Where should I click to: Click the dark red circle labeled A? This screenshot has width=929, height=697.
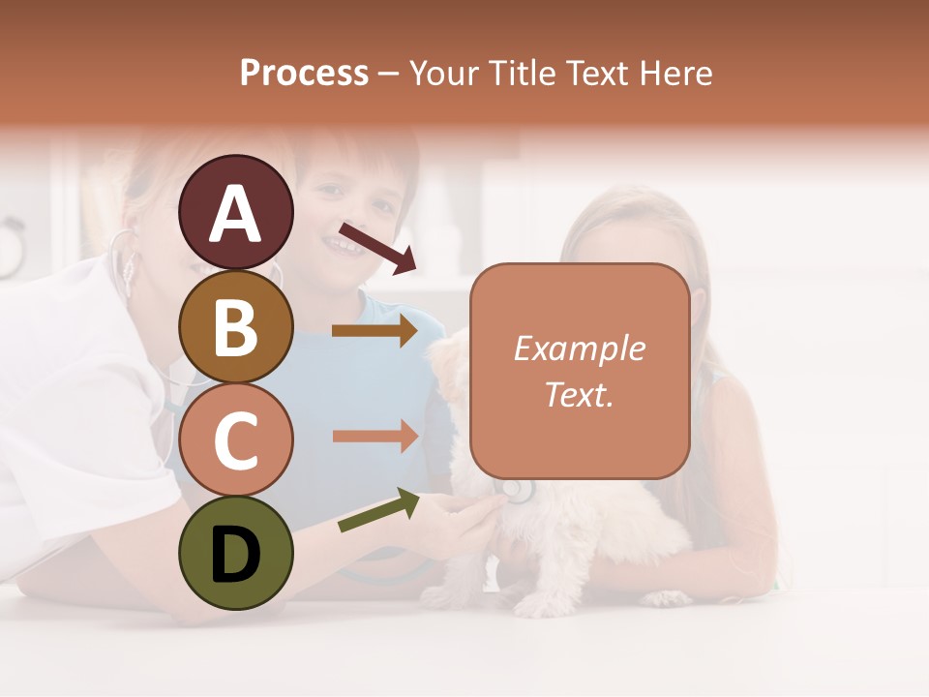click(235, 212)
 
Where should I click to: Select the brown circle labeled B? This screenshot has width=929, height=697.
click(235, 326)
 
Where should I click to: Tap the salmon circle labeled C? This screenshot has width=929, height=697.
click(235, 439)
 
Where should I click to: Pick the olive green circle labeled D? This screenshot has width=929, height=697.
click(235, 553)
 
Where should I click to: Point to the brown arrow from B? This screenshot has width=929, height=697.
click(375, 331)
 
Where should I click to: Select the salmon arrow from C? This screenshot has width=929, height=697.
click(375, 436)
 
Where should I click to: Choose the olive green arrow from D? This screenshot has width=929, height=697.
click(378, 510)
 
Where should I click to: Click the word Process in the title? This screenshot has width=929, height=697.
click(304, 74)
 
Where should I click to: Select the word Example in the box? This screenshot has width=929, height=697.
click(579, 348)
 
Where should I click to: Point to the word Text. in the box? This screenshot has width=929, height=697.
click(579, 394)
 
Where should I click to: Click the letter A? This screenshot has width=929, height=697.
click(235, 214)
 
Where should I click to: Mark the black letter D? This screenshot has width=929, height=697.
click(235, 555)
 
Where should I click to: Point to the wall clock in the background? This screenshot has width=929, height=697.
click(10, 247)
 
